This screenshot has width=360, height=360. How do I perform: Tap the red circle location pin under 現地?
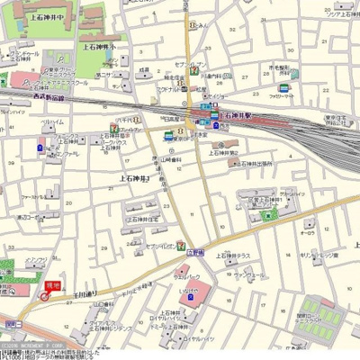coord(45,296)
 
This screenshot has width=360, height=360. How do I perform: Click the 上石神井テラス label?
coord(231,256)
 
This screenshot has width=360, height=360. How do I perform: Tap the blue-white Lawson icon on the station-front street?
coord(169,136)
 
